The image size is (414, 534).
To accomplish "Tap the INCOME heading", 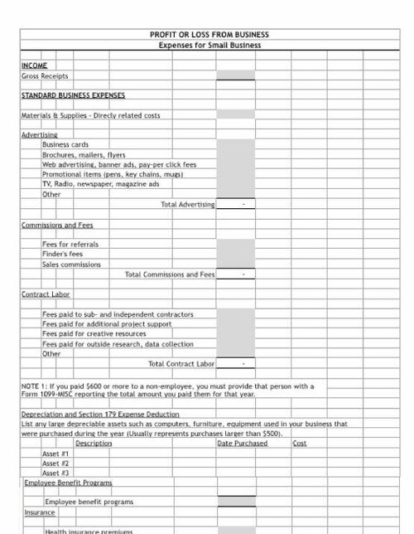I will coord(34,63).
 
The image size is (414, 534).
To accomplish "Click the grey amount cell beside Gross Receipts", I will coord(236,75).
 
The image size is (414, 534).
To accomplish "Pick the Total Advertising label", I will coord(189,203).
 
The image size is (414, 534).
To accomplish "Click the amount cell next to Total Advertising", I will coord(236,203).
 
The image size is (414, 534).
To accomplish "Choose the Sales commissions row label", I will coord(71,265).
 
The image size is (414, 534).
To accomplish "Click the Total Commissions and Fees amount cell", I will coord(236,274).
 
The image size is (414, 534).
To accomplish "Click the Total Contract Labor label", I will coord(181,363).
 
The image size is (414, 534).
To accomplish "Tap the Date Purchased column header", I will coord(243,444).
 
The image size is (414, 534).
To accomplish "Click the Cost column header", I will coord(301,444).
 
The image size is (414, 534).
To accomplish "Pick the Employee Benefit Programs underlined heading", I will coord(68,482).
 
